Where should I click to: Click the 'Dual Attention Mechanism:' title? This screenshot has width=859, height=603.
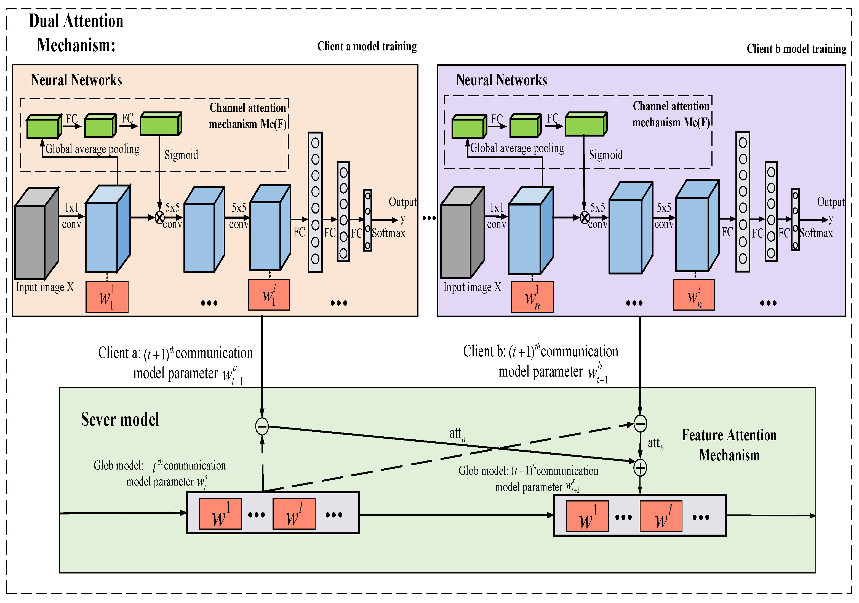pos(76,33)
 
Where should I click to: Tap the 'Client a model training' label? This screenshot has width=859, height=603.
pos(367,46)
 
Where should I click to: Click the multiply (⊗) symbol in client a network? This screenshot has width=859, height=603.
pos(160,217)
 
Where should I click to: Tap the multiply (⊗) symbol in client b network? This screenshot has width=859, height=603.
pos(584,217)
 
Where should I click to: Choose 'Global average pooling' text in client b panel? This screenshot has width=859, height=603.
pos(517,148)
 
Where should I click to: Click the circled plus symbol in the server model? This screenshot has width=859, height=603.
pos(640,468)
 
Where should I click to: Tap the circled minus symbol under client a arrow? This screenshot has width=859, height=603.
pos(262,426)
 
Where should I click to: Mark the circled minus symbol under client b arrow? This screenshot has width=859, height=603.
pos(640,424)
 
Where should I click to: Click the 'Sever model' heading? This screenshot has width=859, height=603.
pos(120,419)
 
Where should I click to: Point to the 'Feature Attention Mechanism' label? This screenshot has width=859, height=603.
pos(729,445)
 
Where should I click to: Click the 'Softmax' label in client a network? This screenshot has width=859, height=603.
pos(388,233)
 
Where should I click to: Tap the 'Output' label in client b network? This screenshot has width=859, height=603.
pos(831,202)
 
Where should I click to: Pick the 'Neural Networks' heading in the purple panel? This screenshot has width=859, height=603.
pos(501,80)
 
